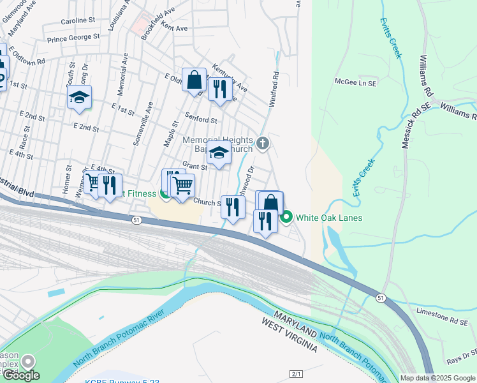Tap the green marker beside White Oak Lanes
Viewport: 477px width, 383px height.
286,218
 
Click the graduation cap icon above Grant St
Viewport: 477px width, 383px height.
218,153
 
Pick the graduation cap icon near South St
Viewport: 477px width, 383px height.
80,97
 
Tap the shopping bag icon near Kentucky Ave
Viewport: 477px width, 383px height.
194,80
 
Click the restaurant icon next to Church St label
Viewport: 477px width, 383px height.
233,206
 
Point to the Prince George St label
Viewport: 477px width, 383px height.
73,37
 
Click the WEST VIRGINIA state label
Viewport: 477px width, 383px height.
289,336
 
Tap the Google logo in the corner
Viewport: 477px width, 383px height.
21,375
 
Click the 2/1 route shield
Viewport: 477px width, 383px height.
295,373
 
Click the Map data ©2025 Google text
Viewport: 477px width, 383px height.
437,378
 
